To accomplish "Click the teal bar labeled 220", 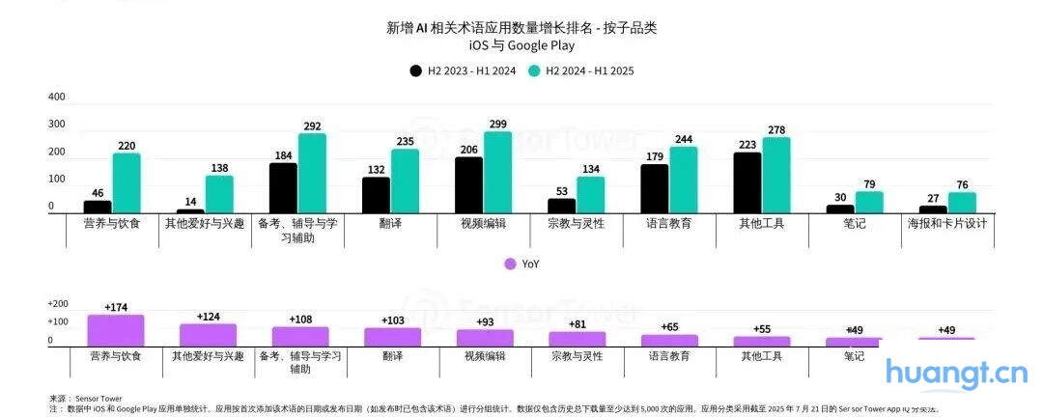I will [x=127, y=183].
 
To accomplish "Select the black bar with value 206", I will [x=468, y=185].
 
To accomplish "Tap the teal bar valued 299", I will [x=497, y=173].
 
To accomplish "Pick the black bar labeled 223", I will [x=747, y=183].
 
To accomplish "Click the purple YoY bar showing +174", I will [x=116, y=330].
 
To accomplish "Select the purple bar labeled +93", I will [x=485, y=338].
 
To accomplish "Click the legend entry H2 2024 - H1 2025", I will [x=580, y=70].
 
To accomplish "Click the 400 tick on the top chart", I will [x=56, y=97].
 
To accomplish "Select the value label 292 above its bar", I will [x=312, y=125].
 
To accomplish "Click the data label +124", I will [x=209, y=317].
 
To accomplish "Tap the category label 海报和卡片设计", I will [x=947, y=223].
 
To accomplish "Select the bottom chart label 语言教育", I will [x=669, y=356].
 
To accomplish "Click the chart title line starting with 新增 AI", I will [x=521, y=28].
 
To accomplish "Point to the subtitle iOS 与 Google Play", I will [x=521, y=44].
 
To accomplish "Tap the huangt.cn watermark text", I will [x=956, y=372].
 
